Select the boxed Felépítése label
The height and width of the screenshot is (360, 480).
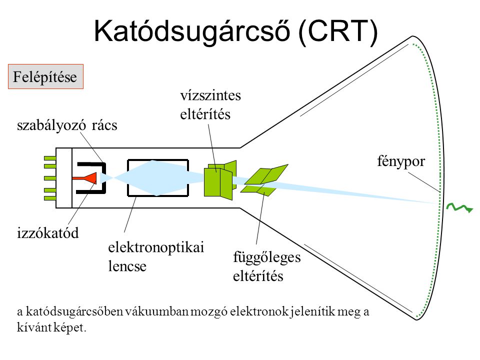pyautogui.click(x=45, y=77)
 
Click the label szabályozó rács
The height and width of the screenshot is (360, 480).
pyautogui.click(x=67, y=125)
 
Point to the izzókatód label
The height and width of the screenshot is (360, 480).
pyautogui.click(x=48, y=233)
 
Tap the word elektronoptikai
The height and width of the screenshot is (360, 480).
pyautogui.click(x=156, y=247)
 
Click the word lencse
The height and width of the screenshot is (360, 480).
pyautogui.click(x=127, y=266)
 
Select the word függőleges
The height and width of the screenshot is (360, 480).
pyautogui.click(x=266, y=257)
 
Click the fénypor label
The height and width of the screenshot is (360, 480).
pyautogui.click(x=400, y=161)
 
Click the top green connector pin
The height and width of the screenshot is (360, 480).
pyautogui.click(x=50, y=158)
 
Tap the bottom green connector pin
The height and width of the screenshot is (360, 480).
pyautogui.click(x=50, y=198)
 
